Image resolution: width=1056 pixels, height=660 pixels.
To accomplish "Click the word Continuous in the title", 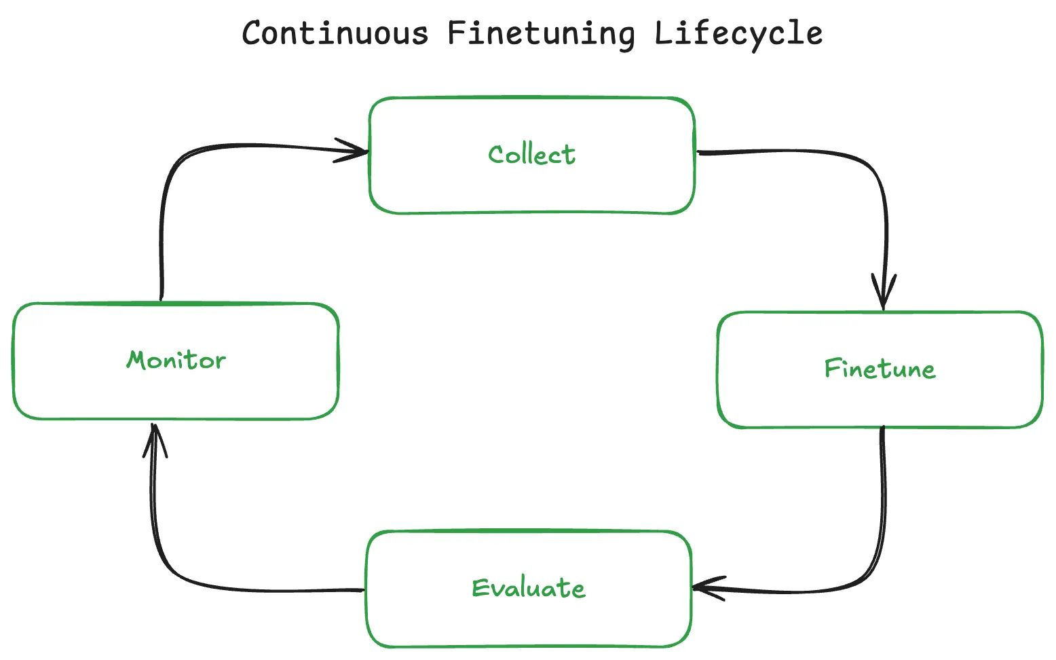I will click(x=335, y=33).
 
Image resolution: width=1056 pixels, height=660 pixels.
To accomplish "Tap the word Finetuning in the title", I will click(x=542, y=34).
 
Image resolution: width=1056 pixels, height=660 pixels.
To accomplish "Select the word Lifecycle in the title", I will click(x=738, y=33).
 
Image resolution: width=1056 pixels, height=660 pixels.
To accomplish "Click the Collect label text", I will click(x=531, y=155).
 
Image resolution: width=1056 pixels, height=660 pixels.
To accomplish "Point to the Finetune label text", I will click(x=880, y=369).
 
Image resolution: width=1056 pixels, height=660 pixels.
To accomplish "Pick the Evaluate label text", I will click(x=529, y=588).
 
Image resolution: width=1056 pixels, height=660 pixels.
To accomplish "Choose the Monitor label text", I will click(x=176, y=360).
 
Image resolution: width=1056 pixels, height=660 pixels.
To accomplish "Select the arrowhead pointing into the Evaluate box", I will click(x=706, y=587).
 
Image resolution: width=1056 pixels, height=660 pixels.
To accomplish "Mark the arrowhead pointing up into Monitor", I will click(x=155, y=438).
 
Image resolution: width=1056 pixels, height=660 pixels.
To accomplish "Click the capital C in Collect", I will click(x=497, y=155).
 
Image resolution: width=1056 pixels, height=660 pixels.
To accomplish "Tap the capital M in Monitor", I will click(x=138, y=359).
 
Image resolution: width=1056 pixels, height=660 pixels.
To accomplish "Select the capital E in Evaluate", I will click(x=479, y=587).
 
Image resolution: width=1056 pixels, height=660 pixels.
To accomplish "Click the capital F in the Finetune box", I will click(x=831, y=368).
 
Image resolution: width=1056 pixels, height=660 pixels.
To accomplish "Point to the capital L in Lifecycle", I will click(x=662, y=33).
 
